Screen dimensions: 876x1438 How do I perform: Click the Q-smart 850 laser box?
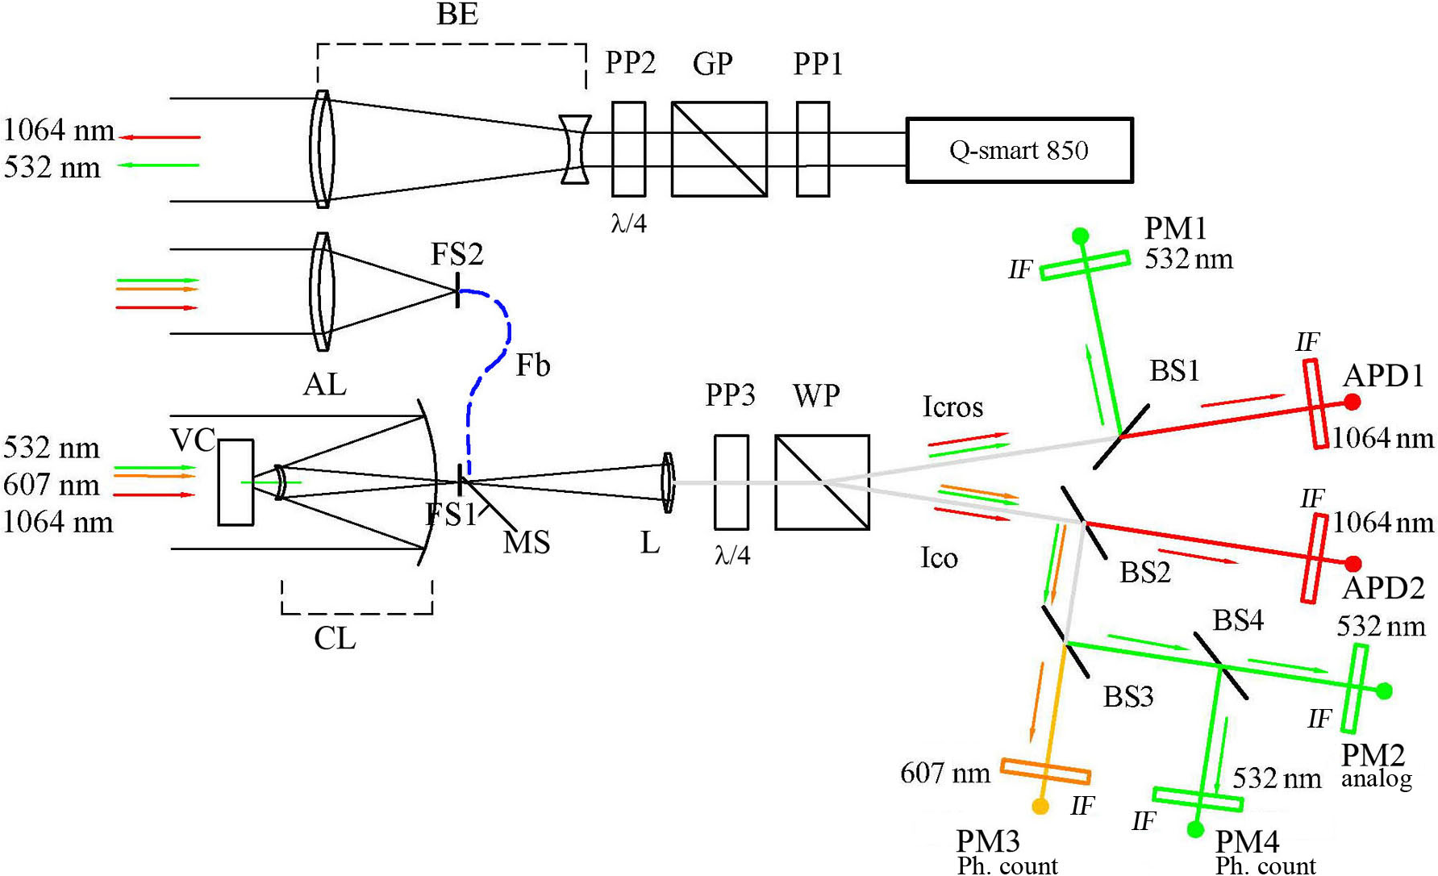point(1019,150)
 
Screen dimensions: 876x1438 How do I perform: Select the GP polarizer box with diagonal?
point(719,149)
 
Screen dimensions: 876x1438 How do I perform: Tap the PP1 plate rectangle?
point(812,149)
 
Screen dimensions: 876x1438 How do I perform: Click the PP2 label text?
point(630,63)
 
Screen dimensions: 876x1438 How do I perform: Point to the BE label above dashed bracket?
point(457,14)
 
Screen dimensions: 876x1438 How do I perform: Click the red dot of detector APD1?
point(1352,402)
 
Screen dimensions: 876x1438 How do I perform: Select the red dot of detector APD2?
point(1353,564)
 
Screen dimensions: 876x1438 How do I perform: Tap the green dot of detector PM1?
point(1080,236)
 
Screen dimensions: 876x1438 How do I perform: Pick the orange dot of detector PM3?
point(1040,806)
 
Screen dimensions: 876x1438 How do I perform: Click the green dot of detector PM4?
point(1195,829)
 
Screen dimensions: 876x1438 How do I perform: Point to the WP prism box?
point(822,482)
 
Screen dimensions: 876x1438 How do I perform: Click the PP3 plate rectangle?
point(731,482)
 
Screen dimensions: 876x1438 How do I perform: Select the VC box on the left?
point(235,482)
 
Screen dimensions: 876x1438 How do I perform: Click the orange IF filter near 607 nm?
point(1045,771)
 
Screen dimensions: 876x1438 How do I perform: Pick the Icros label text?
point(952,407)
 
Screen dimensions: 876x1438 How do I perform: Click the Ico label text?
point(939,558)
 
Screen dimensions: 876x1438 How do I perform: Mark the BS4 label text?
point(1238,620)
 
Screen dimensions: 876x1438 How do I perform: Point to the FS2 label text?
point(456,255)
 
